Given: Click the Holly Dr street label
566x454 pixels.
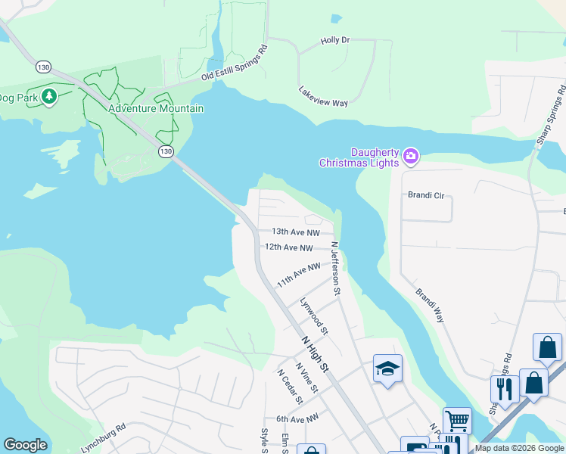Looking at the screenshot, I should (334, 40).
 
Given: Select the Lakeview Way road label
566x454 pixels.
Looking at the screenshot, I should (323, 97).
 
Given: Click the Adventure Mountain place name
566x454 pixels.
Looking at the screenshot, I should (155, 108).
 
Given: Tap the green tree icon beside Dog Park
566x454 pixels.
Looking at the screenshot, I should (49, 97).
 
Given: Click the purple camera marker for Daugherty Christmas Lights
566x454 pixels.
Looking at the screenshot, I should (411, 157).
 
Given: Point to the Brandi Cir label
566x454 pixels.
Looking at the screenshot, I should (426, 195).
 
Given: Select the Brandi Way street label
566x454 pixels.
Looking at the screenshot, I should (429, 304).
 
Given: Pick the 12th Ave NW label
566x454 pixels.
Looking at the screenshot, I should (289, 247).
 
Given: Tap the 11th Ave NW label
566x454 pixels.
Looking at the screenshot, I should (298, 274).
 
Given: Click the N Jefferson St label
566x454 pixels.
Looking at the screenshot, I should (336, 269).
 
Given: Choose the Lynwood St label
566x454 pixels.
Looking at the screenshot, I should (314, 316).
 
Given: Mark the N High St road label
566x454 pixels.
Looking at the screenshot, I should (316, 354).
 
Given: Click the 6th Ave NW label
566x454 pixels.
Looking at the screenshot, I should (297, 418).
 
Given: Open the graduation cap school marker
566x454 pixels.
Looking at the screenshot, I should (387, 368).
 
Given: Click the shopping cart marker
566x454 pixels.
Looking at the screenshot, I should (456, 419).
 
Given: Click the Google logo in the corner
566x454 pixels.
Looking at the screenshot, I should (25, 445).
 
